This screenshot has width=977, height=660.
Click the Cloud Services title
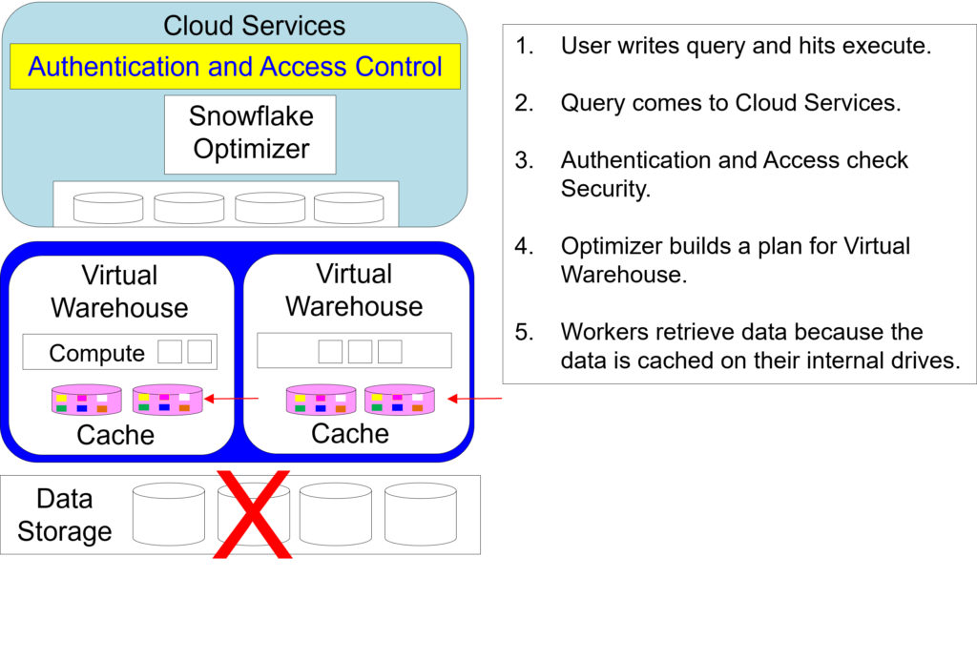(x=254, y=25)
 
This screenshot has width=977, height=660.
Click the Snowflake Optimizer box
(x=250, y=134)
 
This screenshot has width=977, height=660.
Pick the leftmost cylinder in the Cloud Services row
(x=108, y=207)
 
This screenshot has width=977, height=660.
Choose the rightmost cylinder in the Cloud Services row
(x=348, y=207)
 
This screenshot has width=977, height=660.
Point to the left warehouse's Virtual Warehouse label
(x=119, y=292)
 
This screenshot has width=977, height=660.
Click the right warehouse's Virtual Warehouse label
(x=354, y=290)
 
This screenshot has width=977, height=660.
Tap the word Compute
(x=96, y=353)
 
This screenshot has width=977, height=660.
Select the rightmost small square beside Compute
(x=199, y=351)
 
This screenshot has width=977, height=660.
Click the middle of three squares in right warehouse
(x=360, y=351)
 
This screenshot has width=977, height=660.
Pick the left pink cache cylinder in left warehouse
(x=87, y=400)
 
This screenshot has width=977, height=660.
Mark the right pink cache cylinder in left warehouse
(x=168, y=400)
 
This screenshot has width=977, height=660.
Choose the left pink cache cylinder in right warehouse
(x=322, y=400)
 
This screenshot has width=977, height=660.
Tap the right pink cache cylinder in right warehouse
(x=400, y=400)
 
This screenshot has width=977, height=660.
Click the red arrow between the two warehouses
(x=234, y=400)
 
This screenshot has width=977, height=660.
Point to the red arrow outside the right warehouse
(x=476, y=399)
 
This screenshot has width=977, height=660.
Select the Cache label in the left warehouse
(x=115, y=435)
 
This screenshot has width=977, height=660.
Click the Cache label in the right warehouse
(x=350, y=433)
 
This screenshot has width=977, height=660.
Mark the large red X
(x=253, y=514)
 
